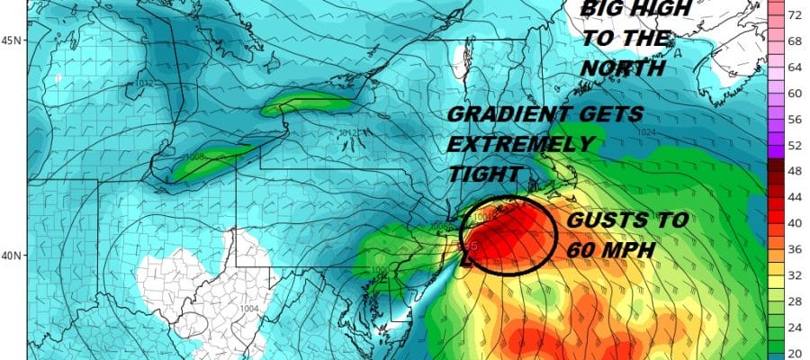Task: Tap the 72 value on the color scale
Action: [x=796, y=16]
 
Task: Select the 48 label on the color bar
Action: [x=796, y=169]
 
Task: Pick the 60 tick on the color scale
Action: [x=796, y=93]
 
